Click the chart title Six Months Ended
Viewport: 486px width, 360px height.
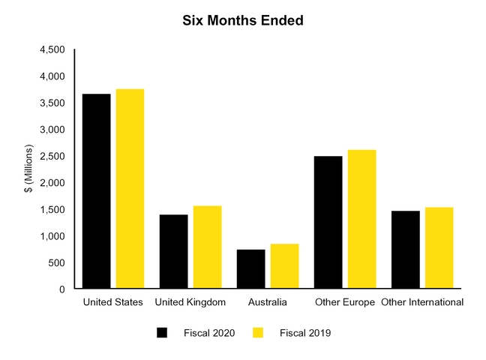pos(243,21)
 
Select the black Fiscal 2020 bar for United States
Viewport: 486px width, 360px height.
pos(96,191)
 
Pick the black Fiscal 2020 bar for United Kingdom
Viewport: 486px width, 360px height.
pos(173,251)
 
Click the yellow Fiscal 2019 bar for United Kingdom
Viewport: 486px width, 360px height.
pos(207,247)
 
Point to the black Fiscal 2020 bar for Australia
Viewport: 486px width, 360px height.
pos(250,269)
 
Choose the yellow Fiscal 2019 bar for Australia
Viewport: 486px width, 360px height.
pos(285,266)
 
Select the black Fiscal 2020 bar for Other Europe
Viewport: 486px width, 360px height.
pos(328,222)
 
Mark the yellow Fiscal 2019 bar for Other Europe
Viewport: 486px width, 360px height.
pos(362,219)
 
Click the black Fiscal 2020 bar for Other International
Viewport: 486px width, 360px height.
pos(406,250)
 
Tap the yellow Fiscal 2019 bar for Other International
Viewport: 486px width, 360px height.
pos(439,248)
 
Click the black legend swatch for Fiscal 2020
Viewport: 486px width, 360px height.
pos(162,332)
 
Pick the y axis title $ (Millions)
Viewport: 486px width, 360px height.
pos(28,169)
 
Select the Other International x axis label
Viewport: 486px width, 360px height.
pos(422,302)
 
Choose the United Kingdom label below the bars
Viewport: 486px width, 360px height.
pos(190,302)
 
